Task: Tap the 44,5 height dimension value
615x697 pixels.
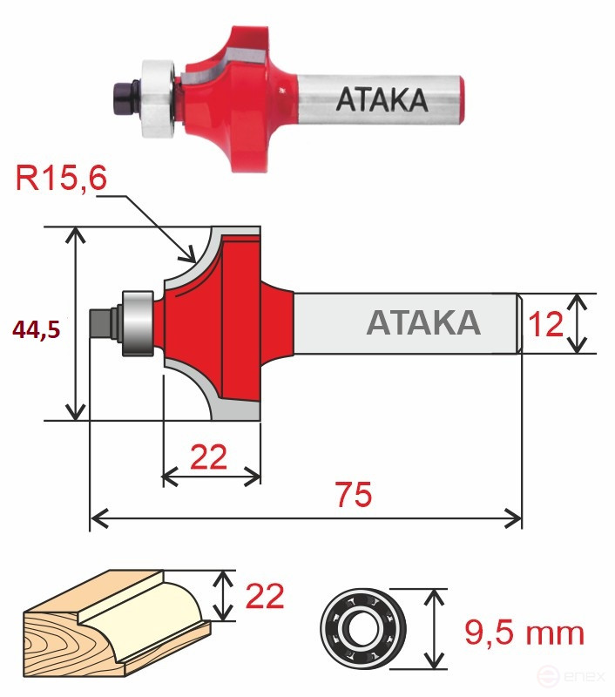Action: pyautogui.click(x=37, y=328)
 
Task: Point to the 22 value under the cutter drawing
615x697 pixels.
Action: pyautogui.click(x=209, y=456)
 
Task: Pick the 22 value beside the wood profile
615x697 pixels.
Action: pyautogui.click(x=264, y=597)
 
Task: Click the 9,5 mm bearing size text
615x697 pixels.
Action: pyautogui.click(x=523, y=632)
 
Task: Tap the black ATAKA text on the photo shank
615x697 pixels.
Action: pyautogui.click(x=381, y=101)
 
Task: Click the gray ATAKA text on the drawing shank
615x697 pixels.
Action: pyautogui.click(x=423, y=322)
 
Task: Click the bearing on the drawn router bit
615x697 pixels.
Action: pyautogui.click(x=137, y=322)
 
